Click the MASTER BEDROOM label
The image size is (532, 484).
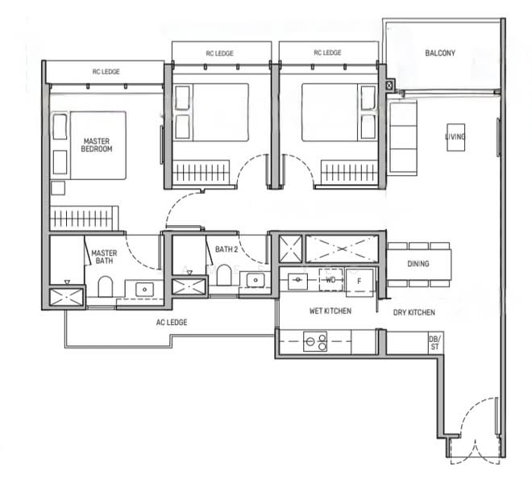click(97, 145)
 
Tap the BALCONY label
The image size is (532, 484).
click(440, 54)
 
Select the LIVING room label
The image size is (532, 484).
click(455, 138)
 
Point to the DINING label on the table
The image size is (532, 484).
click(418, 264)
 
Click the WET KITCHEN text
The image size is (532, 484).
click(330, 311)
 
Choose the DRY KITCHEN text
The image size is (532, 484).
click(414, 312)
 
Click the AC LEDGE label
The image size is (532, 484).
click(171, 323)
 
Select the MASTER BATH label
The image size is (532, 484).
click(104, 257)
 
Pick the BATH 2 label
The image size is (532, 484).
click(225, 249)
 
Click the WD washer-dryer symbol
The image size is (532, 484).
click(330, 281)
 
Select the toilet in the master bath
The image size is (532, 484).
click(104, 286)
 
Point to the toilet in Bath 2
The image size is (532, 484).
click(224, 276)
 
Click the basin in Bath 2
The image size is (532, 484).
click(255, 281)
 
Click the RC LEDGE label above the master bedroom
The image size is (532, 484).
click(106, 72)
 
